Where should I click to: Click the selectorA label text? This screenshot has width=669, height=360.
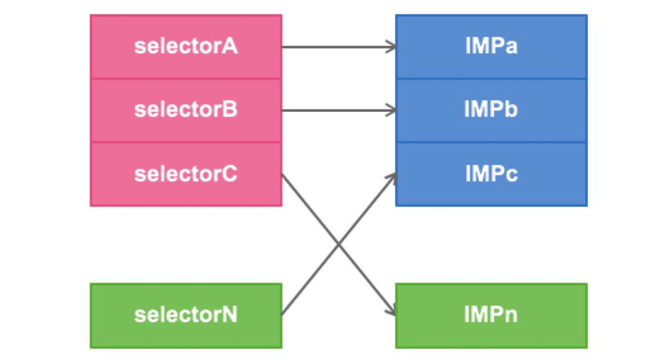tap(186, 46)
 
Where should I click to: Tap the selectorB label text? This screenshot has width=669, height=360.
tap(186, 110)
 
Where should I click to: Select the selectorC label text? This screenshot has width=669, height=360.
tap(186, 174)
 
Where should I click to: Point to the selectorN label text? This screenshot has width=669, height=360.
tap(186, 315)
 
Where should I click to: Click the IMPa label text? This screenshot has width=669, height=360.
tap(491, 46)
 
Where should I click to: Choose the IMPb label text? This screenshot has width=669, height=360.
tap(491, 109)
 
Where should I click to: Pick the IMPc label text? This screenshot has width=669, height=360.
tap(491, 174)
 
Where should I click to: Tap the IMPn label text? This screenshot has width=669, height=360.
tap(491, 314)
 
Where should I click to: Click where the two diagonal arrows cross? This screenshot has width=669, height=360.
tap(339, 244)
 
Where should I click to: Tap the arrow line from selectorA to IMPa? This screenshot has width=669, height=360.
tap(339, 47)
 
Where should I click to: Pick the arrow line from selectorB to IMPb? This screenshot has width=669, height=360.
tap(339, 111)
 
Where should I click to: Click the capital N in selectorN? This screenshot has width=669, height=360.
tap(229, 314)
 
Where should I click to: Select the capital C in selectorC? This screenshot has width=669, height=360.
tap(229, 174)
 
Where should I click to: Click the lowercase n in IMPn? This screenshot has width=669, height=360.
tap(511, 317)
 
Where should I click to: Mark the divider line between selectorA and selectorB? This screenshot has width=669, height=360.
tap(186, 79)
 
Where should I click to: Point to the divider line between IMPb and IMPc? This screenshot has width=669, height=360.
tap(491, 142)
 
